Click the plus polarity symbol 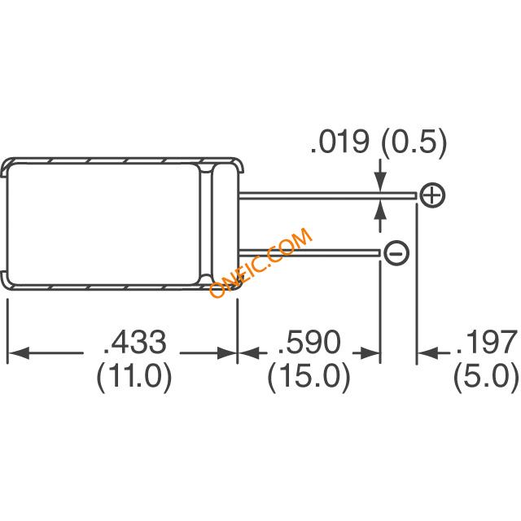(x=432, y=195)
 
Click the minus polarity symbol (x=396, y=253)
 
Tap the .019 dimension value (x=339, y=142)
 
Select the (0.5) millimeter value (x=414, y=143)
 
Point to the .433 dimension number (x=135, y=342)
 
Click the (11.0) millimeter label (x=134, y=378)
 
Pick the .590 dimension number (x=310, y=342)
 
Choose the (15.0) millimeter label (x=309, y=378)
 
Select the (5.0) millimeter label (x=487, y=378)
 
